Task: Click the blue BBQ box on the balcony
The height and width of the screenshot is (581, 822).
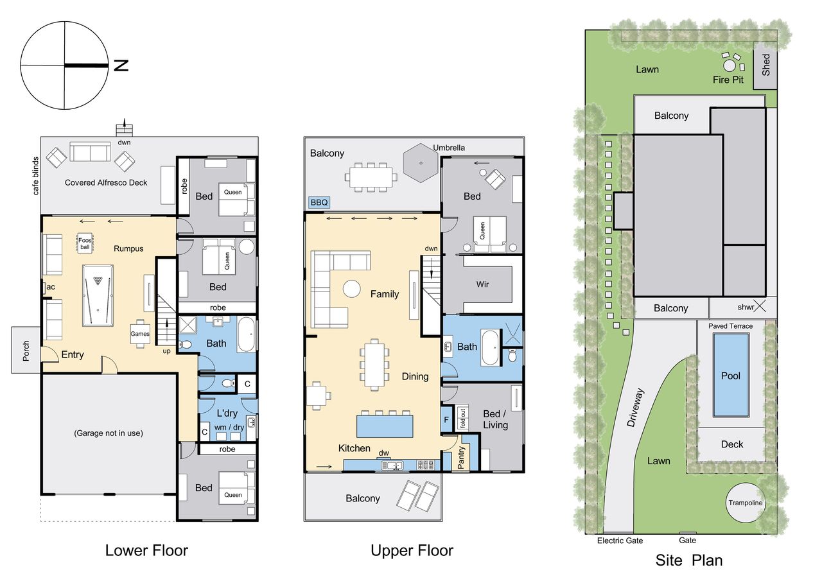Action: pos(319,202)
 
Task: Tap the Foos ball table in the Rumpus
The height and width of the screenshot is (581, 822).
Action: pos(85,243)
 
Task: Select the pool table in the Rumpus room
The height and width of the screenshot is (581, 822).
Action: pos(98,295)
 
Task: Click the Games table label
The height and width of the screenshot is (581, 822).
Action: pos(140,334)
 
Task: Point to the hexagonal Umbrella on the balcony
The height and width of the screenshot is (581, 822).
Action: pos(421,163)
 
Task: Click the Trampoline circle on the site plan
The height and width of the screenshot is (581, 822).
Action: pos(746,503)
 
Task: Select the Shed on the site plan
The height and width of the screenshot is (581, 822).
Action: pos(765,65)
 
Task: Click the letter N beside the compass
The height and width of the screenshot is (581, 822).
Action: pos(121,65)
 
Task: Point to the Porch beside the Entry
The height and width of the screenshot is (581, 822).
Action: pos(26,351)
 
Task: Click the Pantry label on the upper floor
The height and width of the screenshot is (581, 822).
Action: pos(461,457)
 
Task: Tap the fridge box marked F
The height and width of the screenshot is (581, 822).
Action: pos(446,419)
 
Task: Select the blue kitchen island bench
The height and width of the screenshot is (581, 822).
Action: pos(385,426)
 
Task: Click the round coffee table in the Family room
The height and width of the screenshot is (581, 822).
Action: pos(351,289)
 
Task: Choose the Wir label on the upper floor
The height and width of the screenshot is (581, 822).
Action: pos(482,284)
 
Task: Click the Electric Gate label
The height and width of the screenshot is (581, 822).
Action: pos(620,541)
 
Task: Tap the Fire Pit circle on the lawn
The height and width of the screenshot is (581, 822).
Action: pos(729,66)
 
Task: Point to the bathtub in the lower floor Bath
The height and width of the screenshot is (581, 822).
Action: pos(246,334)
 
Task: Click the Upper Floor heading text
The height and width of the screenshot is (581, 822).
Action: pos(412,551)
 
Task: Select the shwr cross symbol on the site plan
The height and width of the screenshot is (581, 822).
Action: pos(760,306)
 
